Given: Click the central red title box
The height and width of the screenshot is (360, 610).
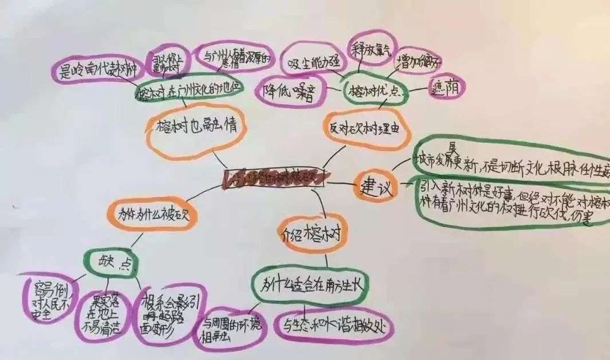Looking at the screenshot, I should click(274, 178).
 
